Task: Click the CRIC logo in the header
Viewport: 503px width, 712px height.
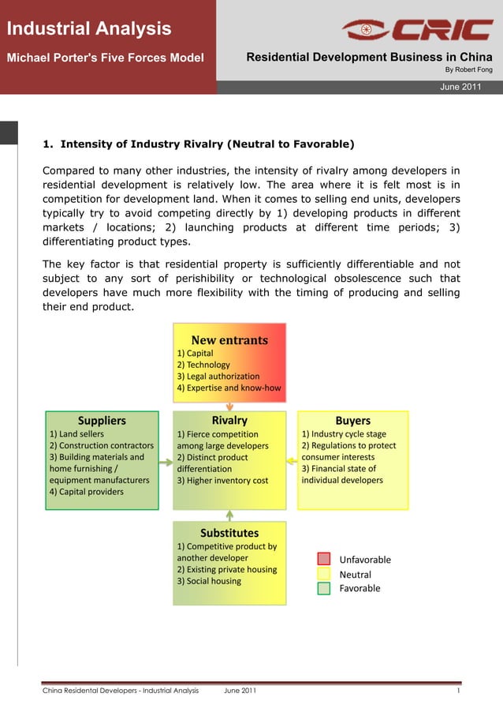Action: coord(417,30)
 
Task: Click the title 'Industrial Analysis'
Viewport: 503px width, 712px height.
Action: coord(89,29)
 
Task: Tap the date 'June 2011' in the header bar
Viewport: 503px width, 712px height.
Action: coord(460,87)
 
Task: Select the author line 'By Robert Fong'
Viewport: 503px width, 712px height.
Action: coord(468,69)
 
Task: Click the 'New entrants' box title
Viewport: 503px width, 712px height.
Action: coord(229,340)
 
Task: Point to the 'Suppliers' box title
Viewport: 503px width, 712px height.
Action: coord(102,421)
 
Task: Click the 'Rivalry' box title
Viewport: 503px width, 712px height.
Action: coord(229,421)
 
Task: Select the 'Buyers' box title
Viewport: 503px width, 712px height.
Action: coord(352,421)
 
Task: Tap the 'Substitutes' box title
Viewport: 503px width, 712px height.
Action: coord(229,533)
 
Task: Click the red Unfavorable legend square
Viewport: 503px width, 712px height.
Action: coord(324,559)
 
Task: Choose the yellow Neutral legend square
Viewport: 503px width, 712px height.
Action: coord(324,574)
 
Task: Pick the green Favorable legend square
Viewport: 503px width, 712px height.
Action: coord(324,588)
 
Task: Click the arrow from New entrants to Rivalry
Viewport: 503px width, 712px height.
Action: coord(229,405)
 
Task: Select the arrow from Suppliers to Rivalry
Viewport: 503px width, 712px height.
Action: coord(166,460)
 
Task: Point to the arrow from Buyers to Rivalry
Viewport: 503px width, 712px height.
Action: coord(292,460)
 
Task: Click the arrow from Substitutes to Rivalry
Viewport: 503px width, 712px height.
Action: coord(229,515)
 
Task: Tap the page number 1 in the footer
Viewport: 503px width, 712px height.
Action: coord(457,691)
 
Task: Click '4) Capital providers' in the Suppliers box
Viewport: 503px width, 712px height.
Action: coord(87,492)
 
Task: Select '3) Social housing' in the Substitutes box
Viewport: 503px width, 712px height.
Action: coord(209,581)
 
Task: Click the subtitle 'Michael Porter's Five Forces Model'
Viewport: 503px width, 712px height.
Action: coord(105,58)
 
